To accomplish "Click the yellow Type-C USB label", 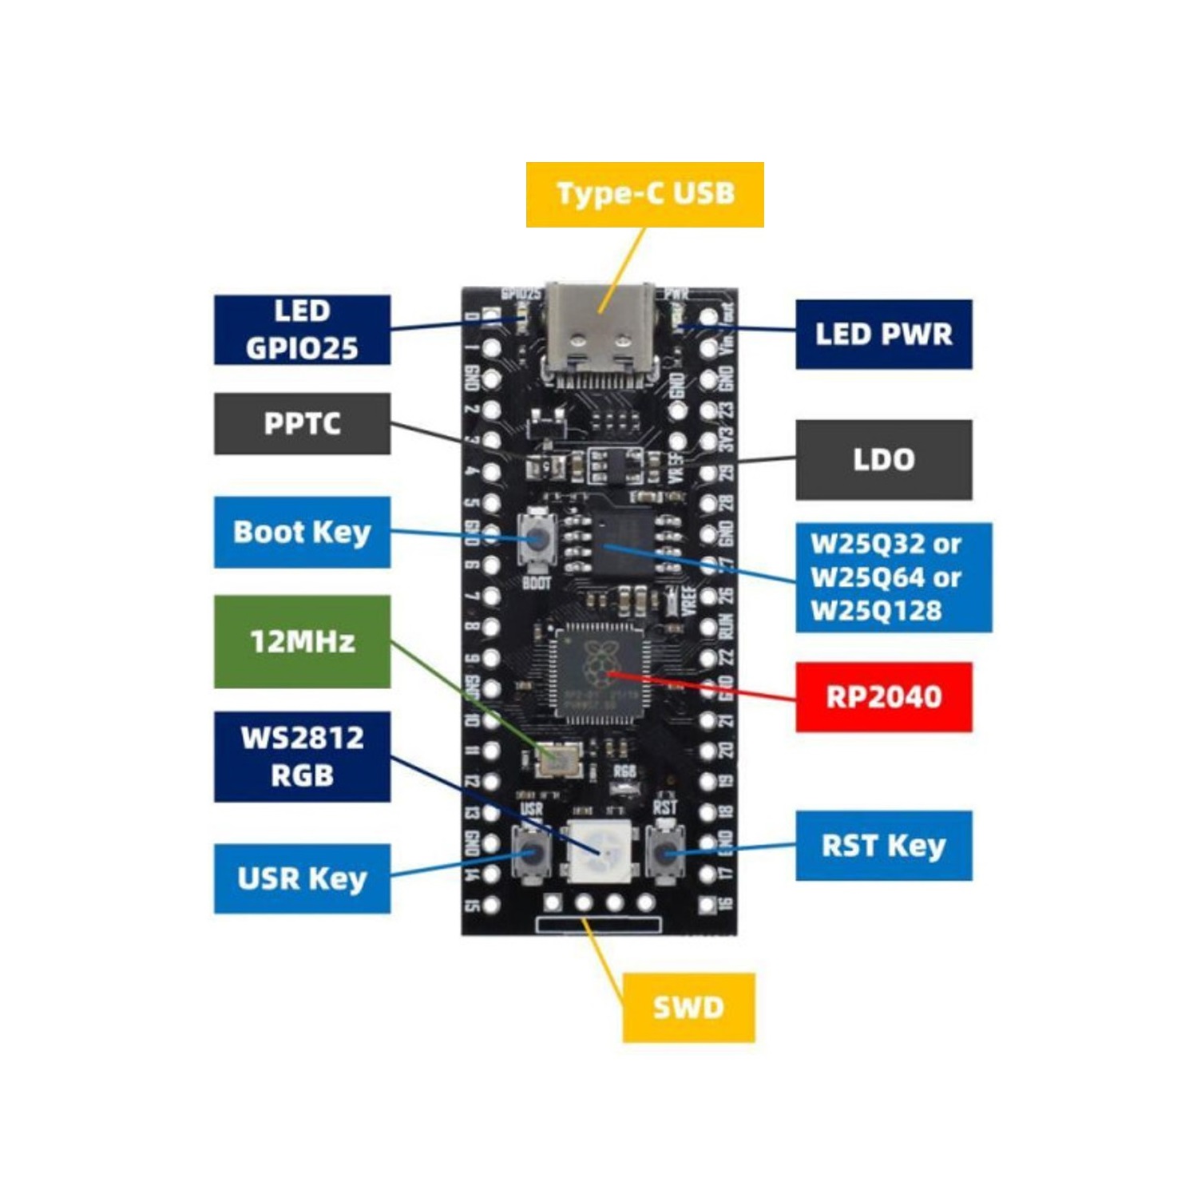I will [x=644, y=195].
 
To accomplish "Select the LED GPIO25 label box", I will [x=302, y=330].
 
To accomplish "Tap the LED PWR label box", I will [x=883, y=335].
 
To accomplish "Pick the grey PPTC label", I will [x=302, y=424].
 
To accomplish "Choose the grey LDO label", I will [x=883, y=460].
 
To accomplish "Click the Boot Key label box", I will [x=302, y=533].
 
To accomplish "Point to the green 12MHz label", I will [x=302, y=641].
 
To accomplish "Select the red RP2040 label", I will [x=883, y=697].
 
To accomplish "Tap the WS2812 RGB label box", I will [x=302, y=756].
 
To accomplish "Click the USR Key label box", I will [x=302, y=878].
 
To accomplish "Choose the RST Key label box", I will [x=883, y=846].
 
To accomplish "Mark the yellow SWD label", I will [x=688, y=1008].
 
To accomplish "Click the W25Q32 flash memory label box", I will [x=893, y=577].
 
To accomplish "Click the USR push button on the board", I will [x=532, y=854].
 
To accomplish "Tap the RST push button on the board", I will [x=664, y=854].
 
